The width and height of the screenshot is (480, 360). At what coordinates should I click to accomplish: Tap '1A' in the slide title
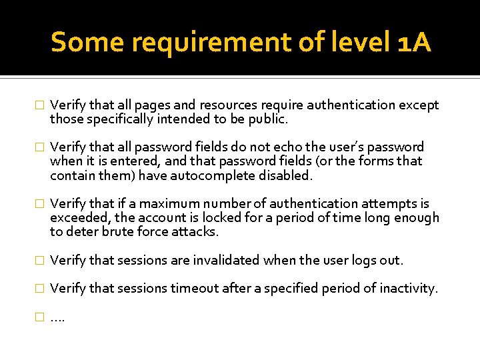412,43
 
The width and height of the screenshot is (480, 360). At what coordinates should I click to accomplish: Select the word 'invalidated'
225,260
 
